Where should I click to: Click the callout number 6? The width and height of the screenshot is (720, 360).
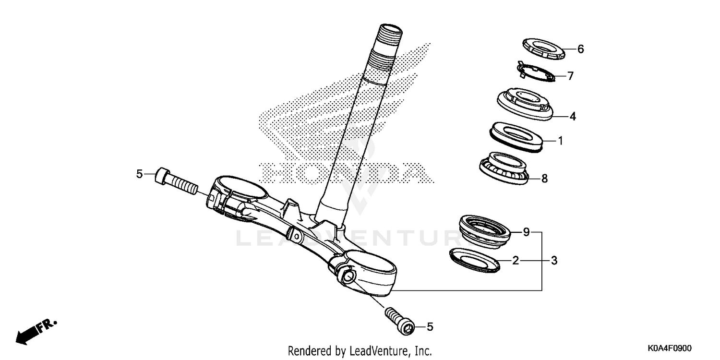click(580, 49)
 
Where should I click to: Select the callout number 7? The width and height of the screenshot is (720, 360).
click(570, 76)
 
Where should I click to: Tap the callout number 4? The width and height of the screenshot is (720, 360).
click(573, 116)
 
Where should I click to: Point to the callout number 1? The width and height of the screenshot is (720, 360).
click(560, 141)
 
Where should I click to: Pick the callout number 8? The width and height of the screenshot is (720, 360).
click(544, 179)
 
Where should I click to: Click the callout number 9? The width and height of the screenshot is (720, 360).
click(526, 233)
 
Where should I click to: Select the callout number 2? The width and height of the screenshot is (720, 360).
click(516, 261)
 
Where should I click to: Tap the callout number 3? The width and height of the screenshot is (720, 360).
click(554, 261)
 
